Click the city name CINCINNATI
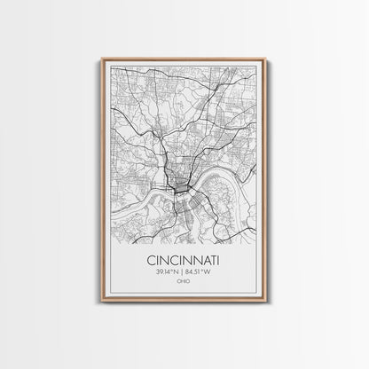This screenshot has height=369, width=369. click(x=184, y=262)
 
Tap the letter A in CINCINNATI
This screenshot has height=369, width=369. click(x=203, y=262)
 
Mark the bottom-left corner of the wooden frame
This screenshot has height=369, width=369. click(x=102, y=302)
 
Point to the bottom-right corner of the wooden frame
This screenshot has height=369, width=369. click(x=266, y=302)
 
